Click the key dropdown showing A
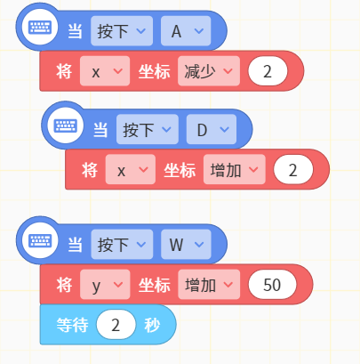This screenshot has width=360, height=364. click(x=186, y=31)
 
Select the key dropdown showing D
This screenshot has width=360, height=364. click(x=212, y=129)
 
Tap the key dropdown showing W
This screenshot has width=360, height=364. click(x=186, y=244)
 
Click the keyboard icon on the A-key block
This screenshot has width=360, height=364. click(x=40, y=28)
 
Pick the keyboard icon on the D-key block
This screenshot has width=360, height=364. click(x=65, y=126)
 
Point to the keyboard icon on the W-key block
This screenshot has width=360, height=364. click(x=40, y=241)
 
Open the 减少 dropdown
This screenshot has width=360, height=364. click(x=209, y=71)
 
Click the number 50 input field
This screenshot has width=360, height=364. click(x=272, y=285)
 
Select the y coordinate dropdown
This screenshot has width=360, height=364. click(x=105, y=285)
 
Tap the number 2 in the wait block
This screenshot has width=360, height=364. click(x=116, y=325)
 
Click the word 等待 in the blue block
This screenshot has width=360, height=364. click(x=72, y=325)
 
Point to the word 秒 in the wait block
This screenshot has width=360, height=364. click(x=152, y=325)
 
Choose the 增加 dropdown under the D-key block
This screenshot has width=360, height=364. click(x=234, y=170)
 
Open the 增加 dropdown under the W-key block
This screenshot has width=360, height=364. click(x=209, y=285)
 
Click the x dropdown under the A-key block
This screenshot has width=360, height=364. click(x=105, y=71)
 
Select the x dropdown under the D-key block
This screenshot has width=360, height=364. click(x=131, y=170)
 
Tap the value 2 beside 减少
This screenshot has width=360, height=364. click(x=268, y=71)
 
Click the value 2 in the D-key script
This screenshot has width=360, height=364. click(x=293, y=170)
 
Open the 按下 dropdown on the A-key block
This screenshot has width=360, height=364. click(x=122, y=31)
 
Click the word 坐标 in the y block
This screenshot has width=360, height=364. click(x=155, y=285)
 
